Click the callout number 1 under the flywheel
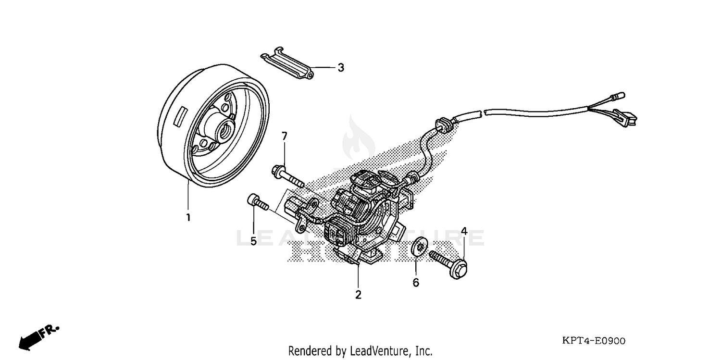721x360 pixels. [188, 217]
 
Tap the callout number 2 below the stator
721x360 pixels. [358, 295]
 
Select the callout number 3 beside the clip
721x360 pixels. [341, 68]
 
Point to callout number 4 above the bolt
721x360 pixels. [464, 231]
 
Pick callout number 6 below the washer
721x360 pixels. [416, 283]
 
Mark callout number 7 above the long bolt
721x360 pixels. [284, 136]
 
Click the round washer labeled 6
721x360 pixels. [419, 247]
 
